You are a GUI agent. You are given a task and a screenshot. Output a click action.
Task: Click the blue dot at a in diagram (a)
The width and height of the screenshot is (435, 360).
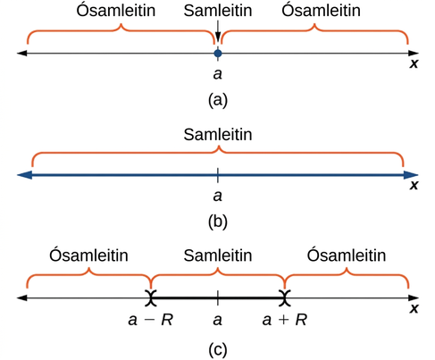218,54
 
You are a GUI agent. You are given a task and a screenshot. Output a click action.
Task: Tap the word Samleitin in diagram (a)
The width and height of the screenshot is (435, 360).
218,11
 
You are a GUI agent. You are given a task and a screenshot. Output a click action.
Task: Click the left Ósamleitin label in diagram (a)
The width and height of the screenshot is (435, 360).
116,10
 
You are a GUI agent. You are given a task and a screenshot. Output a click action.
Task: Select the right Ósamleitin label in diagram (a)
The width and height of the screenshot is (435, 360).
321,10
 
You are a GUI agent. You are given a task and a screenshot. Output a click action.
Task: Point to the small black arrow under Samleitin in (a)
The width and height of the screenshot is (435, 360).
218,31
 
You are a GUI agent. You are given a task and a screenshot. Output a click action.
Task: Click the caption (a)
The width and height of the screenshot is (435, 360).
218,100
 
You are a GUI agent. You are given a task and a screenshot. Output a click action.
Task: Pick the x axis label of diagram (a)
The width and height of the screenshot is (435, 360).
414,63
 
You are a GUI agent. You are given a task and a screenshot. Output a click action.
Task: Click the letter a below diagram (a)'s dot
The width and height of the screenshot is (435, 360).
218,74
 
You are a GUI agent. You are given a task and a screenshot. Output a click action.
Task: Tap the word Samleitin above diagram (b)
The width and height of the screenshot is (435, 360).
218,134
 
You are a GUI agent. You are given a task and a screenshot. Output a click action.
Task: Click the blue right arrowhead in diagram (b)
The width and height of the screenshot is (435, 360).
411,175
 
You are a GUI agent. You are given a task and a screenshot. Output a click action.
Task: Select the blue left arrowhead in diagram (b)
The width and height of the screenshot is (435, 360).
25,175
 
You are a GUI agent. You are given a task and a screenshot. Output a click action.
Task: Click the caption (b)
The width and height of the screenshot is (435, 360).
218,222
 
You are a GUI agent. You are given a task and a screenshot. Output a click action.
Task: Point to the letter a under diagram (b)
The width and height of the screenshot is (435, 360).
218,196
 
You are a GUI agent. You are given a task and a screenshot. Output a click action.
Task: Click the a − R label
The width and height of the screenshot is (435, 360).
150,320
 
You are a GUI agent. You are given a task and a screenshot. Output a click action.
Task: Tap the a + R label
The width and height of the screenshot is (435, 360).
285,320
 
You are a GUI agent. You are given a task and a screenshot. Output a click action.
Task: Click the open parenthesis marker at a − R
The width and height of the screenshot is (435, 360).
151,297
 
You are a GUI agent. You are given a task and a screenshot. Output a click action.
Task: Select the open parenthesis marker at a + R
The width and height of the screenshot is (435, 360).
285,297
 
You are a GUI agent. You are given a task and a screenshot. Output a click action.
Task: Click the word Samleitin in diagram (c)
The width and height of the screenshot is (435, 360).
218,255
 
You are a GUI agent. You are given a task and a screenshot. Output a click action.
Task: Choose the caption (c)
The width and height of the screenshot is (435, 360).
218,350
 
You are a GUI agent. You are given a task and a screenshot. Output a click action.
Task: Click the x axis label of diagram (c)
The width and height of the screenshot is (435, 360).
414,308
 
